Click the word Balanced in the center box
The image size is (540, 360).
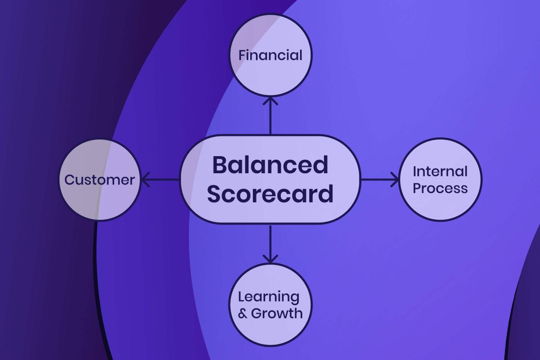point(270,165)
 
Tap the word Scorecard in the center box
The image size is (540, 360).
point(270,194)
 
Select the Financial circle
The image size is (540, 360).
point(270,55)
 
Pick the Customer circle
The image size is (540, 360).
point(100,180)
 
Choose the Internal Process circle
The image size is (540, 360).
point(441,180)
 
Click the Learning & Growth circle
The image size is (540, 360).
point(270,305)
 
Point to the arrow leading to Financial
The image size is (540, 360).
point(270,116)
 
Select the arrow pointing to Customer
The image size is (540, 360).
point(161,180)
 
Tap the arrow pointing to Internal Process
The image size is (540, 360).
point(380,180)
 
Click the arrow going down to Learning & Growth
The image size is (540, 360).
point(270,244)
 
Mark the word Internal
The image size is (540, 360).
point(440,171)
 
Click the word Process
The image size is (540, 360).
point(440,188)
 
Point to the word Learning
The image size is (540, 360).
point(269,297)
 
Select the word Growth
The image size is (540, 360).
point(277,313)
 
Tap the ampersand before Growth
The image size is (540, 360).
point(243,314)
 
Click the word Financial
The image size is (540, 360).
point(270,55)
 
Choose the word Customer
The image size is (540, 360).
point(99,180)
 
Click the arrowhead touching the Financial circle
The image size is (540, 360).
point(270,101)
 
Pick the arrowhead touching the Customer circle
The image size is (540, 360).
point(145,180)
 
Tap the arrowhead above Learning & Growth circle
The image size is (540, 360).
point(270,259)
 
